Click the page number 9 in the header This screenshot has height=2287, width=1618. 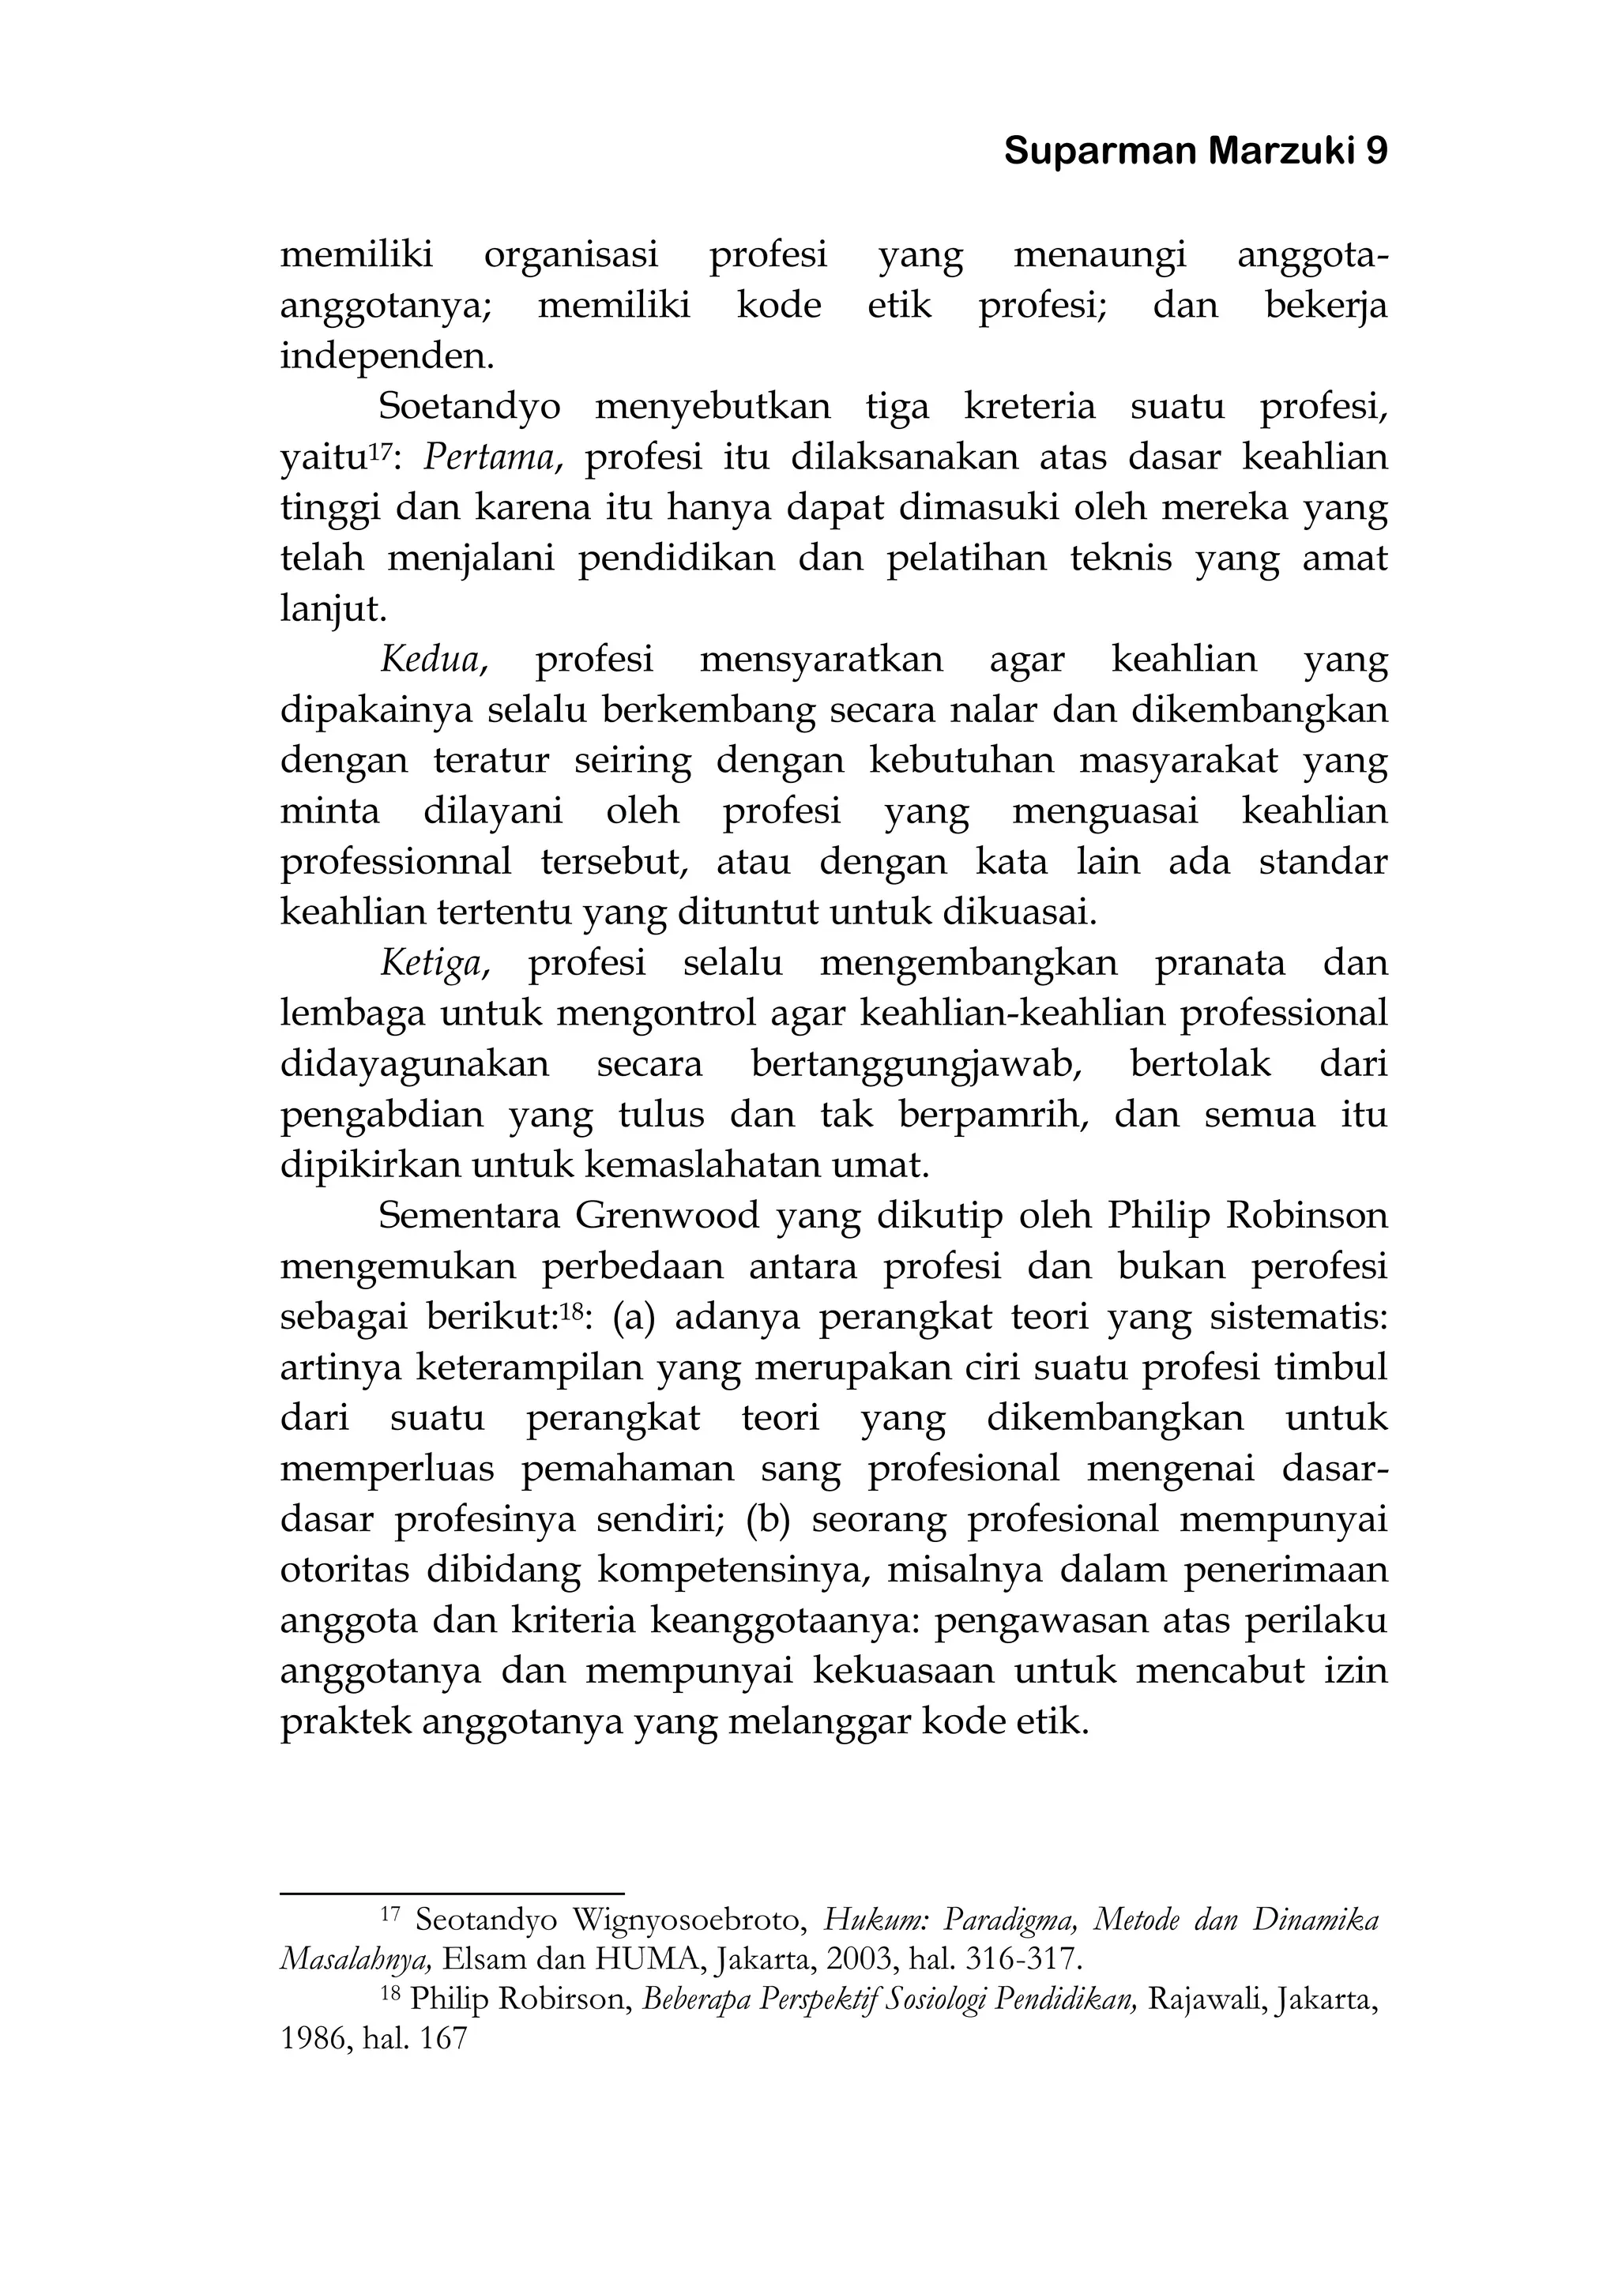click(1376, 152)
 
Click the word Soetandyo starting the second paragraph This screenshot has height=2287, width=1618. click(469, 406)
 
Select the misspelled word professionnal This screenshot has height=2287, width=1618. click(396, 862)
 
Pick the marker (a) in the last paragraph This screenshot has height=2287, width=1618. click(634, 1318)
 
